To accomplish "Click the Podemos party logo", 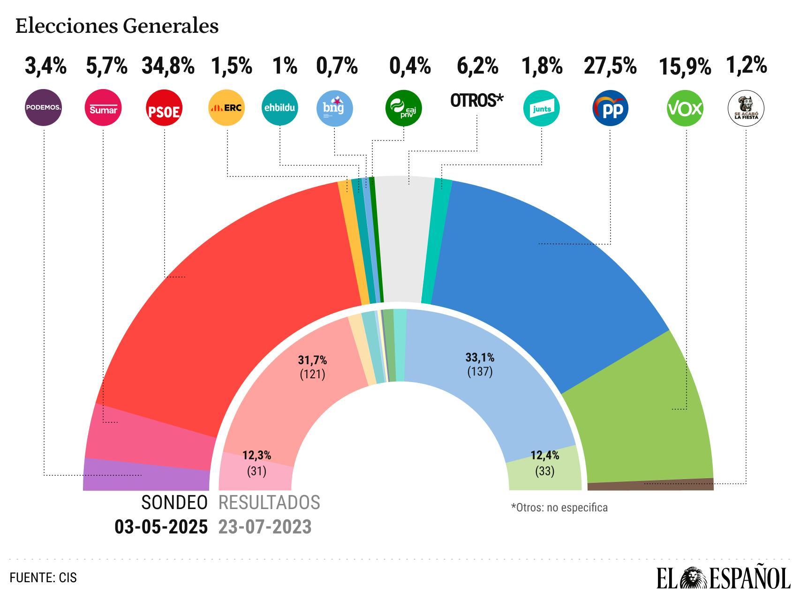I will click(44, 108).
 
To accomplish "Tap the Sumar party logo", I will click(103, 108).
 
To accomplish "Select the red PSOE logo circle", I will click(164, 109).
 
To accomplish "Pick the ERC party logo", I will click(226, 108).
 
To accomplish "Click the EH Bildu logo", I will click(279, 108).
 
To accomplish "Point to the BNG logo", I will click(334, 108).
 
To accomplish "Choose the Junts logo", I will click(541, 108).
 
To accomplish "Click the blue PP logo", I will click(610, 108).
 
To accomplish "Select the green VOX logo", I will click(685, 108).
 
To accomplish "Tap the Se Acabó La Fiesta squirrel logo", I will click(746, 108).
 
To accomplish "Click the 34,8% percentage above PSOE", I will click(168, 66).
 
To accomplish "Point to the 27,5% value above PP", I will click(610, 66).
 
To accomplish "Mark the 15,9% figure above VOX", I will click(685, 67).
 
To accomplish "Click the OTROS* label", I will click(476, 100).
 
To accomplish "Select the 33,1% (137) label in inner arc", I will click(480, 365).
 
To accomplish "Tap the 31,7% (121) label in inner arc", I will click(312, 367).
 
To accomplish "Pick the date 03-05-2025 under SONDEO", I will click(161, 527).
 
